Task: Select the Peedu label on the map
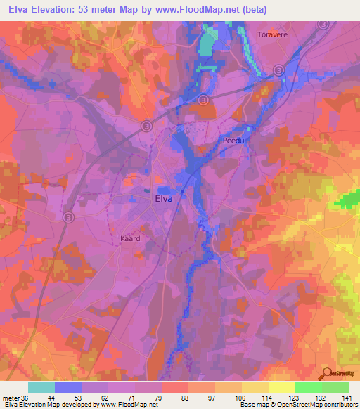(233, 141)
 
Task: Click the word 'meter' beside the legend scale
(10, 397)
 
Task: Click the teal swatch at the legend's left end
(41, 387)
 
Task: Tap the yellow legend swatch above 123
(281, 387)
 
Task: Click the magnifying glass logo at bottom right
(326, 374)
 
